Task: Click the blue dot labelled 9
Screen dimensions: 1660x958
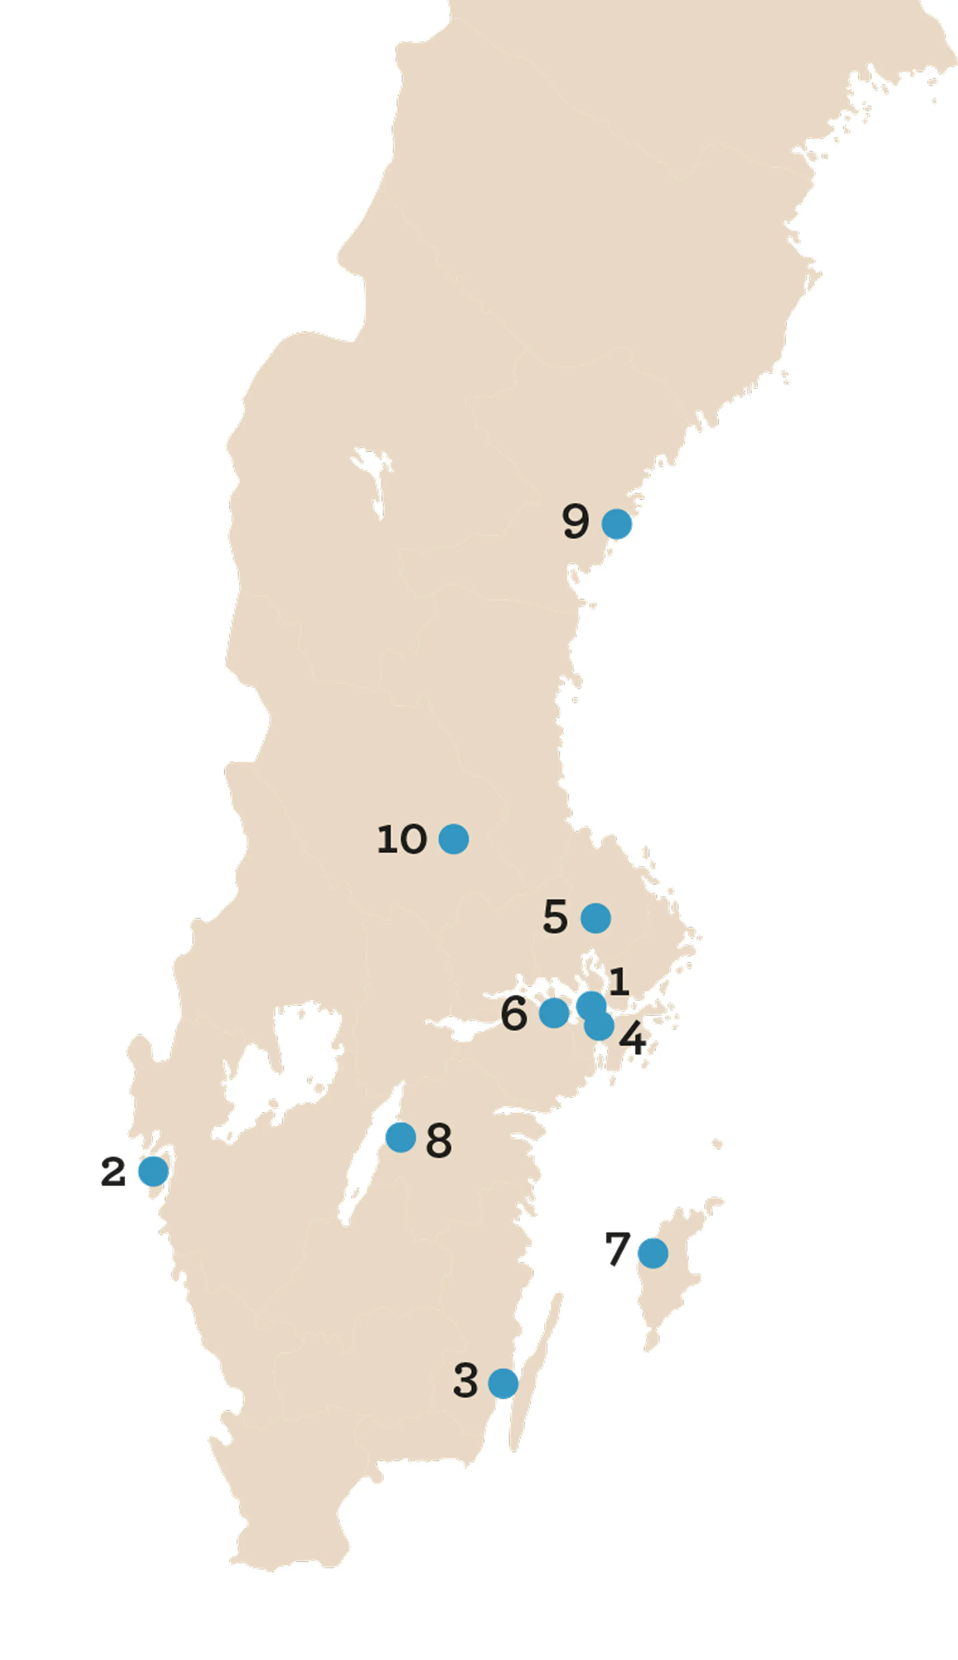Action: pyautogui.click(x=617, y=524)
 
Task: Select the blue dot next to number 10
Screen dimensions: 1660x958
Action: pyautogui.click(x=453, y=839)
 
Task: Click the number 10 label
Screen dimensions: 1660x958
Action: pyautogui.click(x=401, y=839)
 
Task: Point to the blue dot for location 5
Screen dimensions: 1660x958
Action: pyautogui.click(x=595, y=918)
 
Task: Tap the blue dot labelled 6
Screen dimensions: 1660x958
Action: pyautogui.click(x=554, y=1012)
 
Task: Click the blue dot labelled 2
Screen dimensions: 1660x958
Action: pyautogui.click(x=153, y=1171)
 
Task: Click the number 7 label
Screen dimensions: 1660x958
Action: pyautogui.click(x=617, y=1249)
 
